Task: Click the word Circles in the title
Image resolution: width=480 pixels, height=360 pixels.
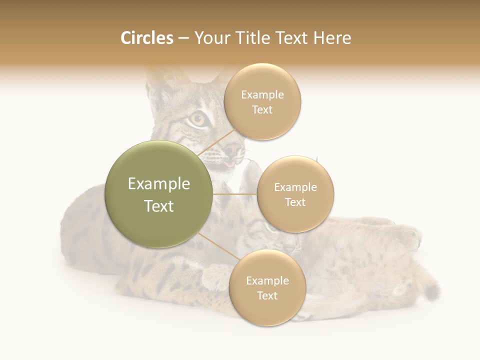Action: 146,38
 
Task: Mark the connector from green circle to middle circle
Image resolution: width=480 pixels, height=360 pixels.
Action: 235,194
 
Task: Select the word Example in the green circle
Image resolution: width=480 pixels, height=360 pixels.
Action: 158,184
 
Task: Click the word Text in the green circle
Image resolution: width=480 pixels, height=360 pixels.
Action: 158,206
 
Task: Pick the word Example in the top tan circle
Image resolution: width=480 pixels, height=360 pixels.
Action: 262,95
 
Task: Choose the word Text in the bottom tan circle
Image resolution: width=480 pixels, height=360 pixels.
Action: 267,295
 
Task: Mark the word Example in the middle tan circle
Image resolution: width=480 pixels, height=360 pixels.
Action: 295,187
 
